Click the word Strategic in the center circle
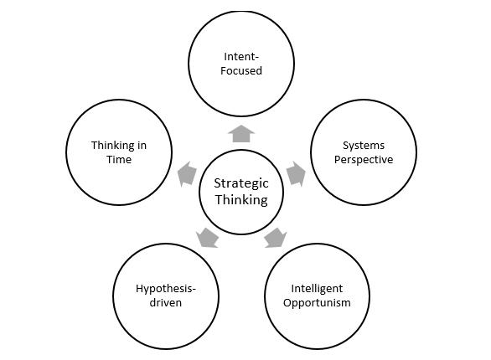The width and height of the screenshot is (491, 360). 241,184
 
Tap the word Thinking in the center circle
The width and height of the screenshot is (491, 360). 241,200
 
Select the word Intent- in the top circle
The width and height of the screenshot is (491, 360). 241,57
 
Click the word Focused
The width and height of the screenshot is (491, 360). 241,70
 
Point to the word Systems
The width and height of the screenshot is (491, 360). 364,146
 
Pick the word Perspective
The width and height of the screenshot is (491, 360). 364,160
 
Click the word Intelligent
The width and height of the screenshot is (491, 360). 317,289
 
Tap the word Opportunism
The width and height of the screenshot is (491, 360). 317,303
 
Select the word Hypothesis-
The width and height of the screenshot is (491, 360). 166,289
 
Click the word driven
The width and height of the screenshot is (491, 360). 166,302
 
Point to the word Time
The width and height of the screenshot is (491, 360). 119,160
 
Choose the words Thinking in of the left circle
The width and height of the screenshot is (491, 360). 119,146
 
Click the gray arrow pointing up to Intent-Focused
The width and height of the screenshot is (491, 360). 241,134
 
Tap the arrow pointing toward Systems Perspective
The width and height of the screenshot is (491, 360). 296,174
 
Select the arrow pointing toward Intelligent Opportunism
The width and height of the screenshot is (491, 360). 276,238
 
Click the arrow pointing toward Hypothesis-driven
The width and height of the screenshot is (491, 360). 207,238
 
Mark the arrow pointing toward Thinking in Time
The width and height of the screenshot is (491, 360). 187,174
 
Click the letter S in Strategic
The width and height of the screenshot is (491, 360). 218,183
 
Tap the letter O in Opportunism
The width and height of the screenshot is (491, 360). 287,302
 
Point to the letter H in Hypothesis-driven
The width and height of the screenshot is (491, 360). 140,288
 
